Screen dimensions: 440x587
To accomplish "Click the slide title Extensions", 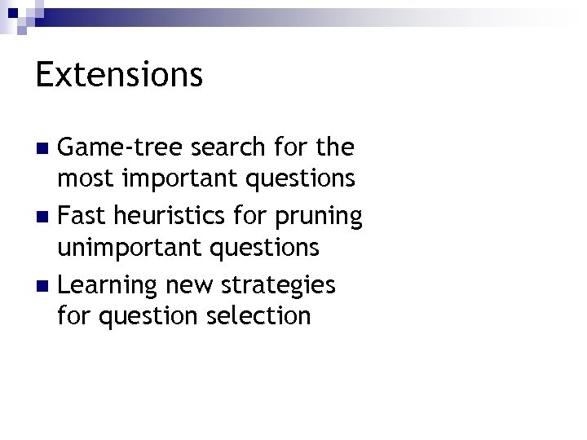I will (x=119, y=75).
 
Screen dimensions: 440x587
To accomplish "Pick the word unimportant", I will (x=120, y=246).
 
